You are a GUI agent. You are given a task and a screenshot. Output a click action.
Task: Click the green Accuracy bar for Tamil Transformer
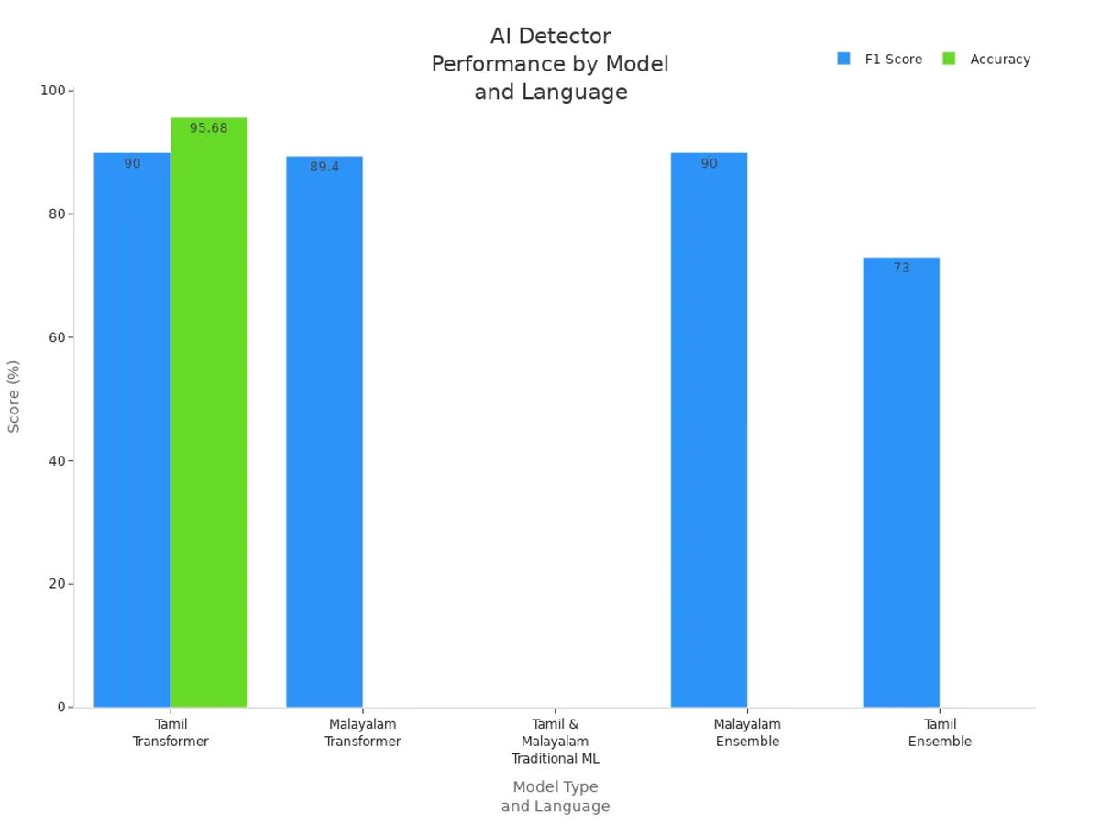click(x=209, y=412)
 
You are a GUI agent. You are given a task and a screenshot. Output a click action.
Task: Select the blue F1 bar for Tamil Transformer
click(x=132, y=431)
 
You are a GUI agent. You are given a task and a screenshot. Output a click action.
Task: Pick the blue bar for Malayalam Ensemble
click(x=709, y=431)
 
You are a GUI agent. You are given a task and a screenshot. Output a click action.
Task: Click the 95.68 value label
click(x=208, y=128)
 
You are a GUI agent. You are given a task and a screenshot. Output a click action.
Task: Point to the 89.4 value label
click(x=324, y=167)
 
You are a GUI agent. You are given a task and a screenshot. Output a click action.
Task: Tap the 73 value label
click(x=901, y=268)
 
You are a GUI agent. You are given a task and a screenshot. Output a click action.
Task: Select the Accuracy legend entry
click(x=999, y=60)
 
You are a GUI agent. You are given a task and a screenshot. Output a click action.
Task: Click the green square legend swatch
click(x=949, y=59)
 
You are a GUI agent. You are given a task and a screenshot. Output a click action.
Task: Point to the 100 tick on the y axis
click(x=52, y=91)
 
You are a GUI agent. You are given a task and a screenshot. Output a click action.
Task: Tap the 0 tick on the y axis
click(x=60, y=707)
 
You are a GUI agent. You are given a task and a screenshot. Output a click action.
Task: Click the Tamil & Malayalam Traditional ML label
click(x=555, y=742)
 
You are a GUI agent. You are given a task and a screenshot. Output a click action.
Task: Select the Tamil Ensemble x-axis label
click(x=940, y=732)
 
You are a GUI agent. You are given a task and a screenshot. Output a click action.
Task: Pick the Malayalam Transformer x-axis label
click(x=363, y=732)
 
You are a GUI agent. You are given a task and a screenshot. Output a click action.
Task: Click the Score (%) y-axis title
click(x=14, y=396)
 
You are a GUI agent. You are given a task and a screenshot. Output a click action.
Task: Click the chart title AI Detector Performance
click(x=550, y=64)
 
